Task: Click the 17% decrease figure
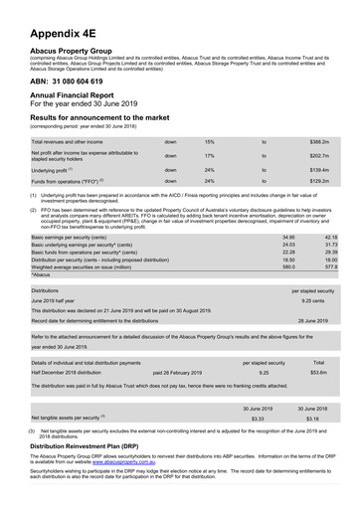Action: point(210,156)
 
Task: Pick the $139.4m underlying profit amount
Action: point(319,170)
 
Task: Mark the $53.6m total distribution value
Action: point(319,373)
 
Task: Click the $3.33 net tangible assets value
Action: point(258,420)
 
